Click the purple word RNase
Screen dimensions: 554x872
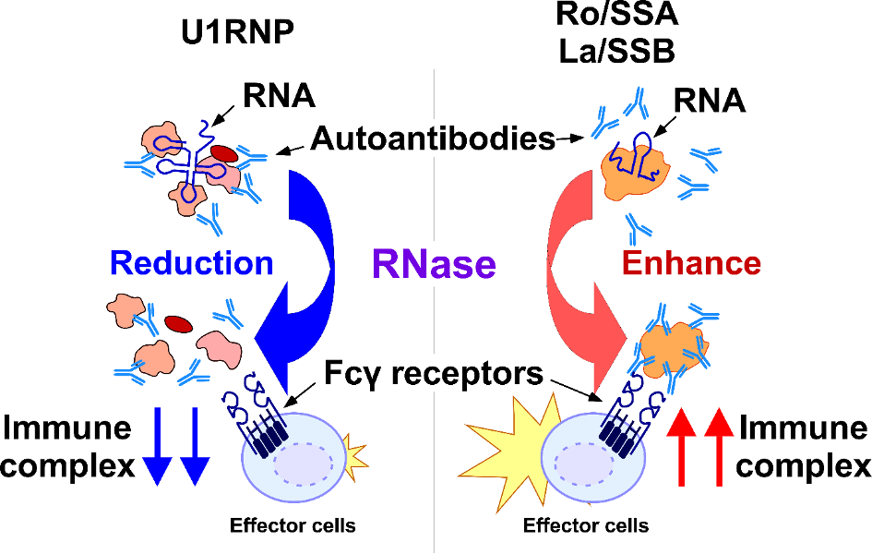(x=434, y=265)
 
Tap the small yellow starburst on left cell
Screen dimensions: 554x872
(x=352, y=455)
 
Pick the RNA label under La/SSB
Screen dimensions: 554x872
(x=710, y=99)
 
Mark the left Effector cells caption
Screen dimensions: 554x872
(x=293, y=526)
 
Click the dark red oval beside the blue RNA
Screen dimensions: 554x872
(x=223, y=152)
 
